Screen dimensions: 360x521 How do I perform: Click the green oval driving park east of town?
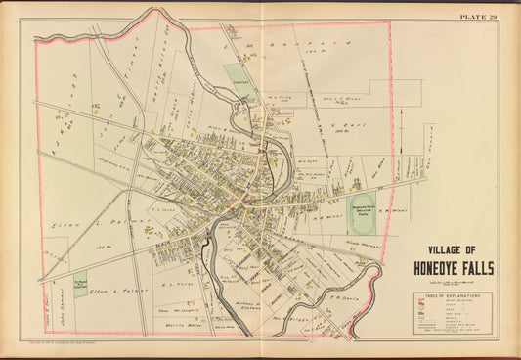point(363,208)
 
